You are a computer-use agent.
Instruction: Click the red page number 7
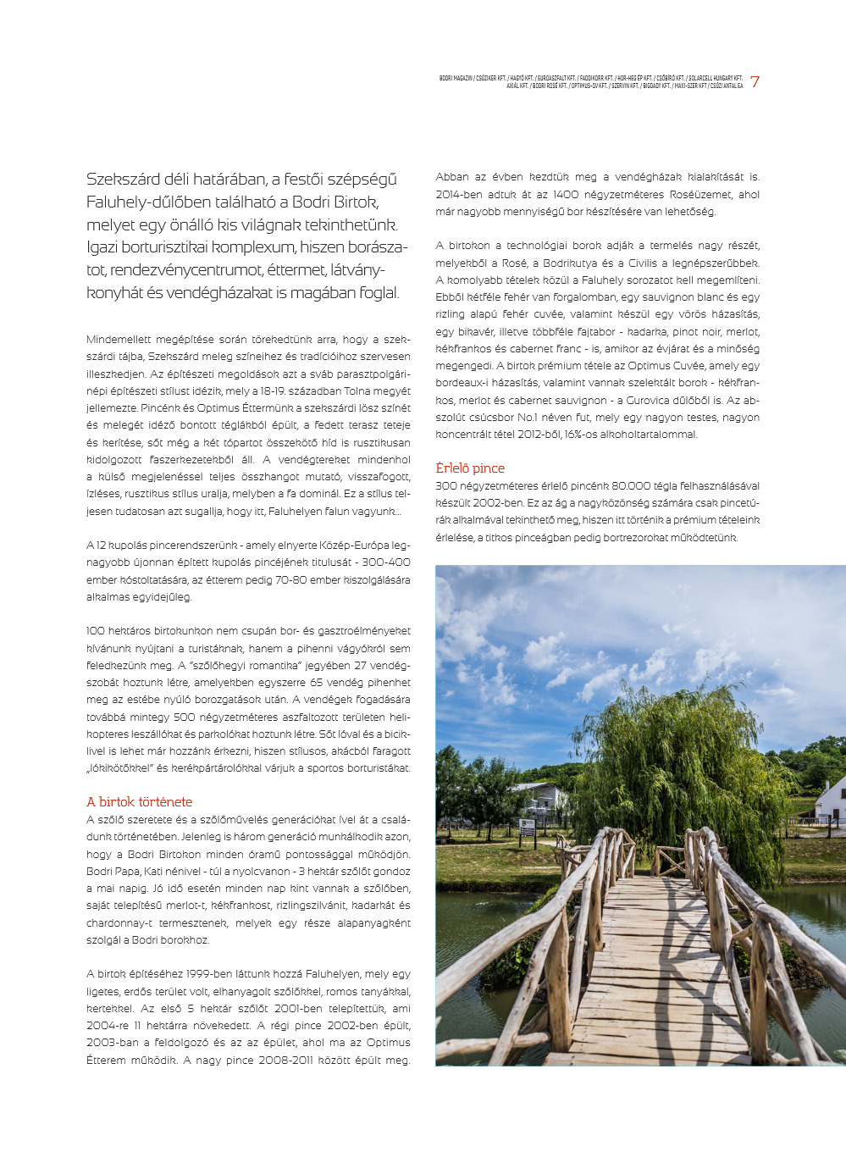pyautogui.click(x=755, y=82)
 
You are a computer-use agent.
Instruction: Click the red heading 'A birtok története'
pyautogui.click(x=139, y=801)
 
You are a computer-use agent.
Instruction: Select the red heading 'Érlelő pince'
pyautogui.click(x=470, y=468)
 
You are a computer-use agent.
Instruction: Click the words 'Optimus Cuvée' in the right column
pyautogui.click(x=675, y=366)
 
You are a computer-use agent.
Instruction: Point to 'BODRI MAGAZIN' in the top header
pyautogui.click(x=455, y=78)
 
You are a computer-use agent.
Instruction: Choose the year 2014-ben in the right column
pyautogui.click(x=458, y=194)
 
